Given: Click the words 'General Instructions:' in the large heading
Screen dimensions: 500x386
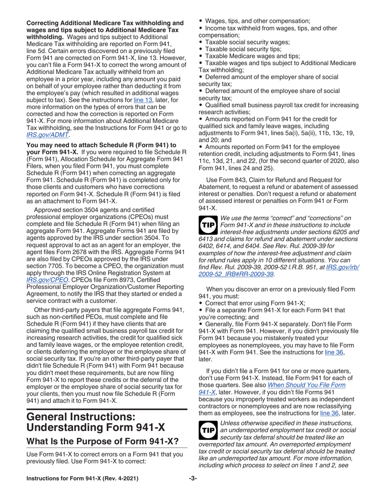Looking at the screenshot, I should pos(78,417).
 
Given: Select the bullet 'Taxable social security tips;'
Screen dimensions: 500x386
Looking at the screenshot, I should pos(247,49).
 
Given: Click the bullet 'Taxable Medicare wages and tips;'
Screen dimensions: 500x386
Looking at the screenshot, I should pos(253,56).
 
